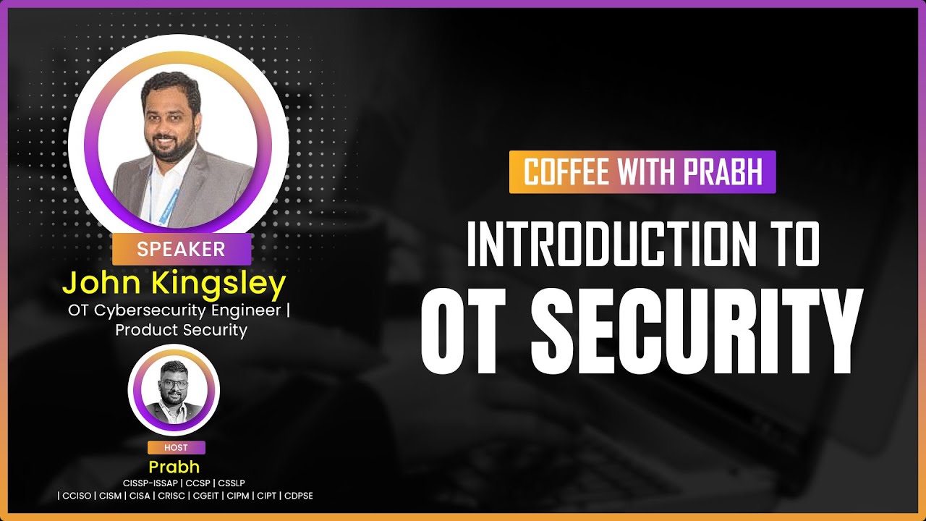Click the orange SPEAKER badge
181,250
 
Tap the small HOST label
177,447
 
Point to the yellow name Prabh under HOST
174,467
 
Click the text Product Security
181,330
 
